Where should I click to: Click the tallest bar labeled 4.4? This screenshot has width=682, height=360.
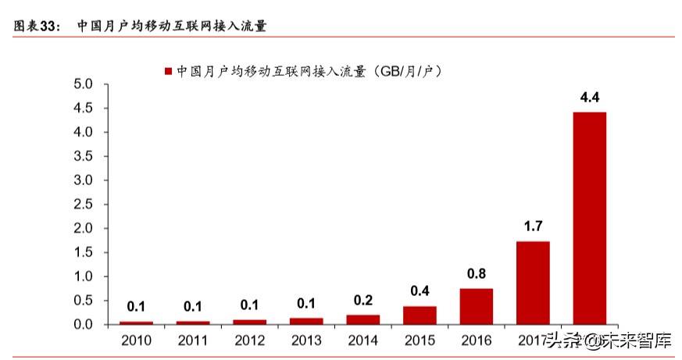(589, 218)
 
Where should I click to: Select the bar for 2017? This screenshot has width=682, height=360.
(533, 283)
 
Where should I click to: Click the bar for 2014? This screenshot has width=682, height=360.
(362, 319)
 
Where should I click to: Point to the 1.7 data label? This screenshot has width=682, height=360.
(533, 227)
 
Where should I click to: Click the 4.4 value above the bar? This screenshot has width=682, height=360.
(589, 98)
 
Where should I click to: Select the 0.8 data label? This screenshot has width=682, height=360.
(476, 274)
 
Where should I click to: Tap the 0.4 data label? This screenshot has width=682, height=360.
(420, 291)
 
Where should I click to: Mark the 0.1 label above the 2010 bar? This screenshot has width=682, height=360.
(136, 307)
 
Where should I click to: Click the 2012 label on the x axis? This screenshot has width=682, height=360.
(249, 340)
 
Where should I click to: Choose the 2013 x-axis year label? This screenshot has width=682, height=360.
(306, 340)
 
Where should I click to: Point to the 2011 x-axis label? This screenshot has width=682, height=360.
(193, 340)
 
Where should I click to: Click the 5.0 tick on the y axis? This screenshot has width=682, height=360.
(83, 84)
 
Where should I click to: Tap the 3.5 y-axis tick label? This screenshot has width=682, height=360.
(83, 155)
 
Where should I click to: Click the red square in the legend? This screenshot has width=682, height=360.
(167, 71)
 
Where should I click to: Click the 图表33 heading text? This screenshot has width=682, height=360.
(36, 26)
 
